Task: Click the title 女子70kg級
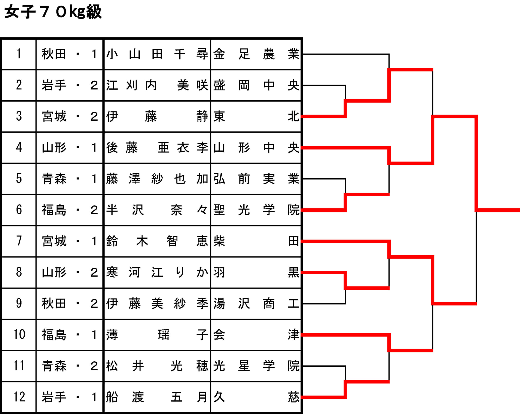(x=53, y=12)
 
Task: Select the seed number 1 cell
(x=19, y=54)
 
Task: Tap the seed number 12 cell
(x=19, y=397)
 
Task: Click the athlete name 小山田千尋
(x=157, y=54)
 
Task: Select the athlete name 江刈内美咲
(x=157, y=85)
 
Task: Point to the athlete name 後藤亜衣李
(x=157, y=148)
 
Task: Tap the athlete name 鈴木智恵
(x=157, y=241)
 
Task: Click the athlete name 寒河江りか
(x=157, y=272)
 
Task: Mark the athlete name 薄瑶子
(x=157, y=335)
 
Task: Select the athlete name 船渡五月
(x=157, y=397)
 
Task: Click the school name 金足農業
(x=256, y=54)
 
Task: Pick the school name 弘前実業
(x=256, y=179)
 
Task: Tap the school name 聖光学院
(x=256, y=210)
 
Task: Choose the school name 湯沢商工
(x=256, y=304)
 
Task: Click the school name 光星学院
(x=256, y=366)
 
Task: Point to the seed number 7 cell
(x=19, y=241)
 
